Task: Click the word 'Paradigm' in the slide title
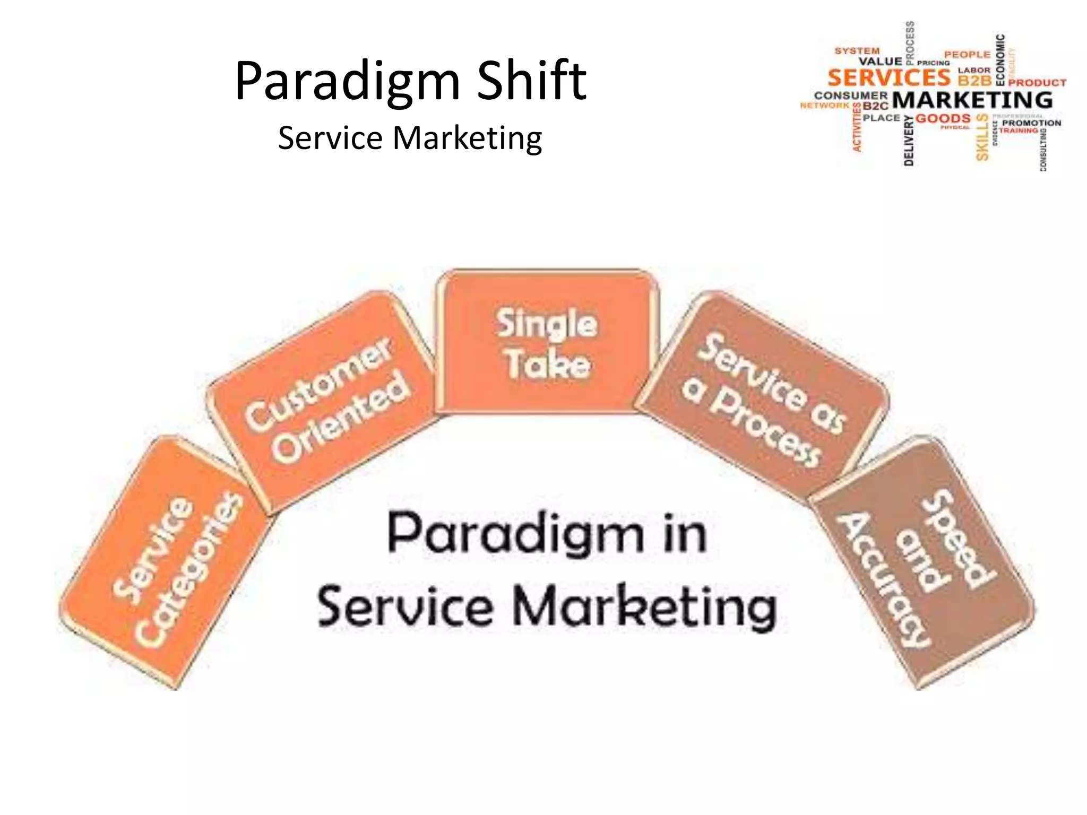point(348,81)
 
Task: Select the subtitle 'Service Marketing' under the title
point(410,138)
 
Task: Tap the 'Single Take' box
point(547,342)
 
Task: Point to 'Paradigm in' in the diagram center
point(547,533)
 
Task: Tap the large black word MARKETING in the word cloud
point(972,100)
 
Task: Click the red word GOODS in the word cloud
point(943,118)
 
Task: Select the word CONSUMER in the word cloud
point(851,96)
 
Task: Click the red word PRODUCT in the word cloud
point(1037,83)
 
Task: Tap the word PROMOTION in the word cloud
point(1031,123)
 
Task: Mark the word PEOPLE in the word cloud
point(967,54)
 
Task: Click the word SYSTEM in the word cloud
point(857,51)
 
